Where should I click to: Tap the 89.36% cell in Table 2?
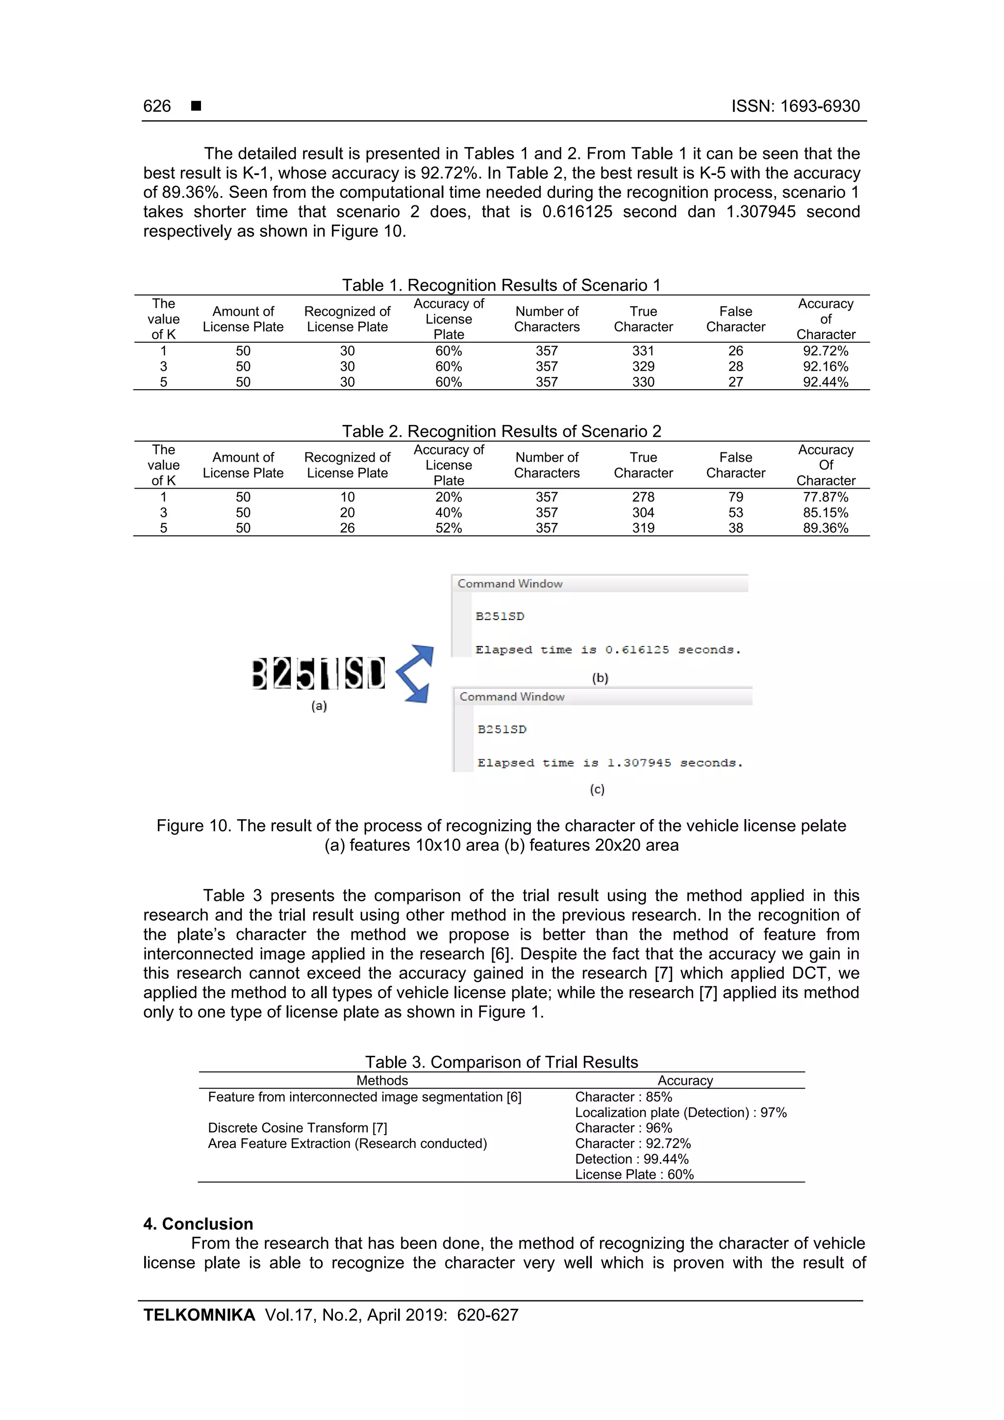pos(825,528)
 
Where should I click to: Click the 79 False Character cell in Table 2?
pos(735,497)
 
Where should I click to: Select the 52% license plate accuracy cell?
pos(449,528)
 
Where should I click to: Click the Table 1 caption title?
pos(501,285)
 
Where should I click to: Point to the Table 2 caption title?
pos(501,431)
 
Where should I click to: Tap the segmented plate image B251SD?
pos(319,673)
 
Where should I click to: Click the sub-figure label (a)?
pos(319,706)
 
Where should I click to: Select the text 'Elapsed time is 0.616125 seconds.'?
pos(607,650)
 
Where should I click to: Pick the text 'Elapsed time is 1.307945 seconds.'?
pos(609,763)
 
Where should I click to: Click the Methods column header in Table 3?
pos(382,1080)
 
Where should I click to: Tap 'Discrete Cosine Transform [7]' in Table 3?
pos(298,1128)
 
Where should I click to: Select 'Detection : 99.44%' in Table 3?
pos(631,1159)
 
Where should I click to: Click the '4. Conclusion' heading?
pos(198,1224)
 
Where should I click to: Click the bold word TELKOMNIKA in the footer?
pos(199,1315)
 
